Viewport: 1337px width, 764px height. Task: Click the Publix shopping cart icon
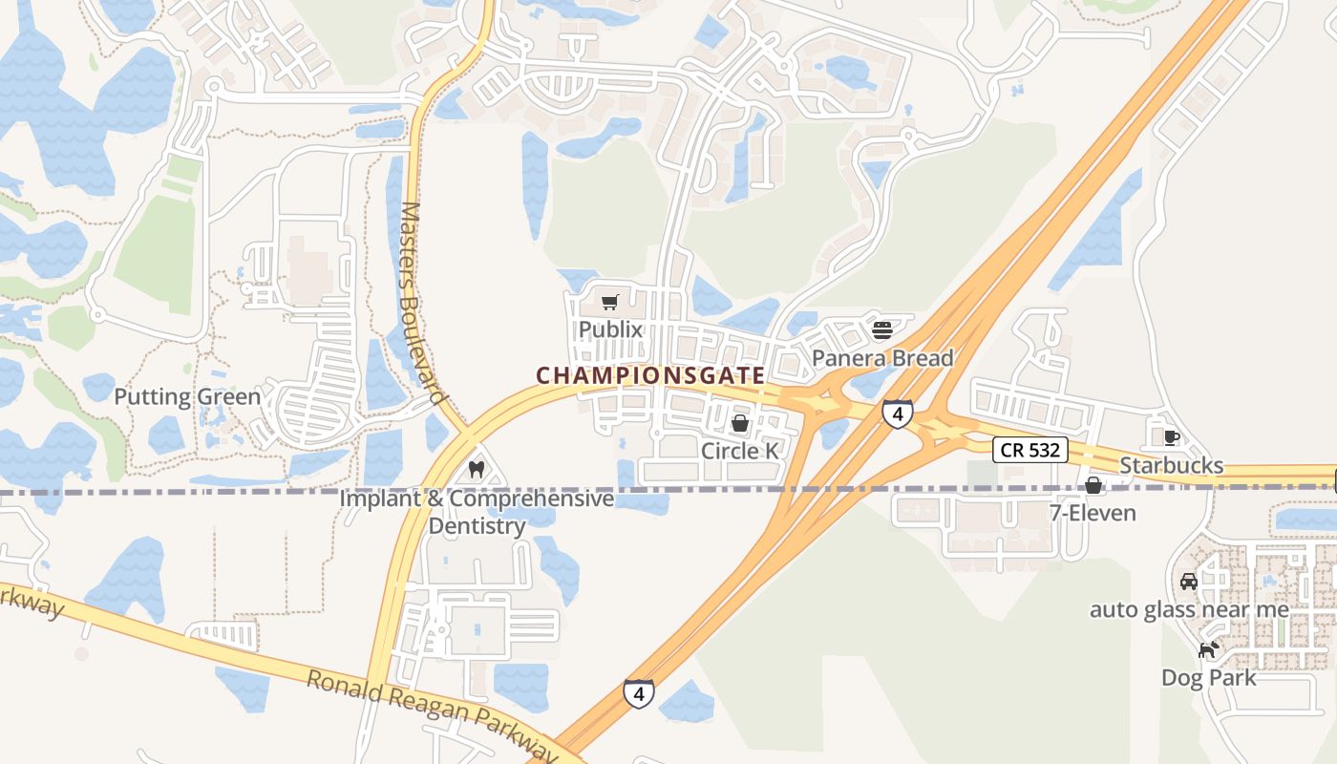tap(609, 303)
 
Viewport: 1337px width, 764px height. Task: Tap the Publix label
tap(610, 329)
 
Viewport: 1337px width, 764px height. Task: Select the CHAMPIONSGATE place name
tap(650, 375)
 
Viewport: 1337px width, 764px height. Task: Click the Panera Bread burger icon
tap(882, 330)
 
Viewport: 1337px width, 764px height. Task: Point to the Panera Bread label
tap(882, 358)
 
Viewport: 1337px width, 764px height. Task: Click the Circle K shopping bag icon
tap(740, 423)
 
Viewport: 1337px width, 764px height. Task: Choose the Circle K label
tap(740, 450)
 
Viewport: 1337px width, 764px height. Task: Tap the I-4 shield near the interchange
tap(897, 414)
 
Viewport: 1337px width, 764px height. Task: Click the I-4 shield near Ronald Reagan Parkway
tap(639, 693)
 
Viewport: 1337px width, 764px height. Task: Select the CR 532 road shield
tap(1029, 450)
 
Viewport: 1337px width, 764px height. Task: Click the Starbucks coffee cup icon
tap(1172, 438)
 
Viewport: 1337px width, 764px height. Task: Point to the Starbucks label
tap(1171, 465)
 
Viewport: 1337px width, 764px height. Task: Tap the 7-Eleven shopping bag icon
tap(1093, 486)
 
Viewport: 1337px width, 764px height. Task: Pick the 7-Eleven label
tap(1093, 513)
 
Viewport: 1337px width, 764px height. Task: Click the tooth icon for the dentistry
tap(477, 470)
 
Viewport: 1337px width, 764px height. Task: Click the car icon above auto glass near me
tap(1189, 581)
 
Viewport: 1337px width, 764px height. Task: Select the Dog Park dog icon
tap(1209, 650)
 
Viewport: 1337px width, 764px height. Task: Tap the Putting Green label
tap(187, 396)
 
